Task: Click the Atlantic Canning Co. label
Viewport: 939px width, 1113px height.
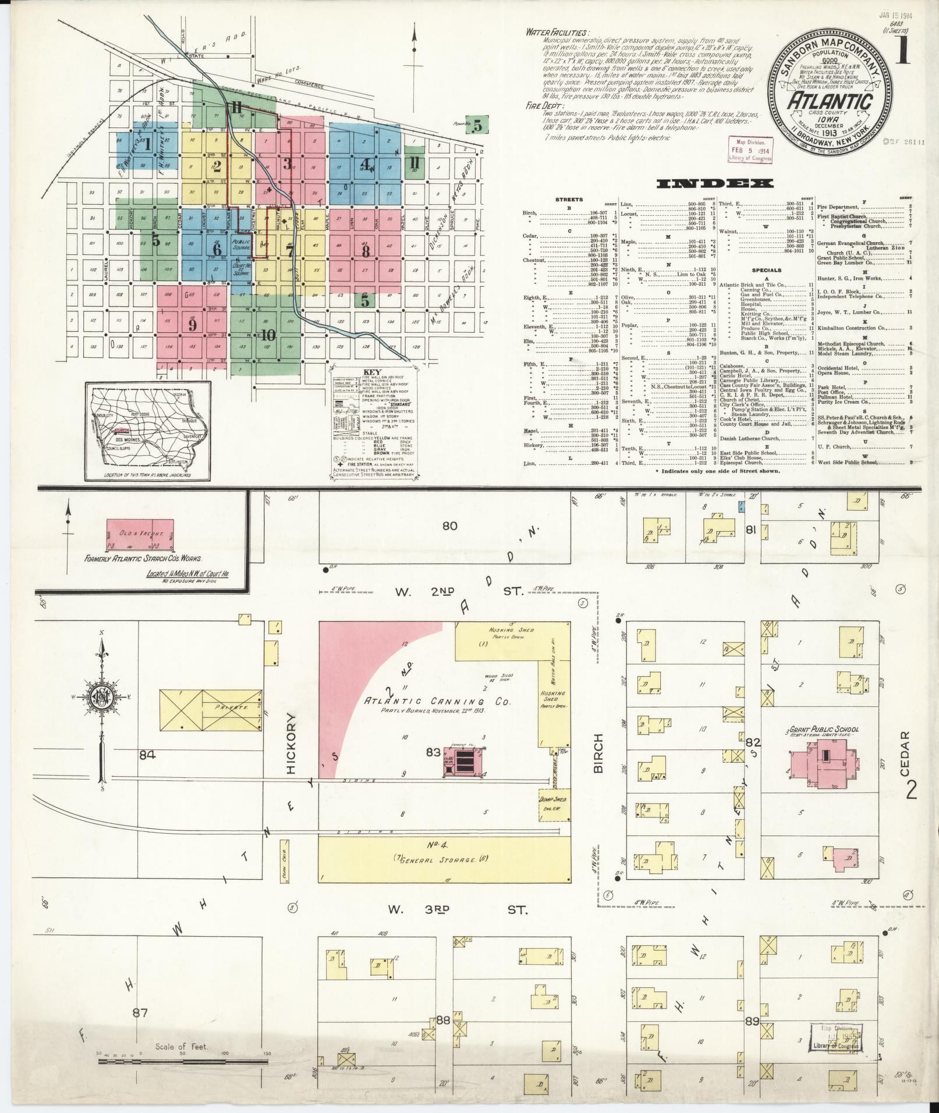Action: pos(437,702)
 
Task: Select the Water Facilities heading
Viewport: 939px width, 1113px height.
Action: pos(557,32)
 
